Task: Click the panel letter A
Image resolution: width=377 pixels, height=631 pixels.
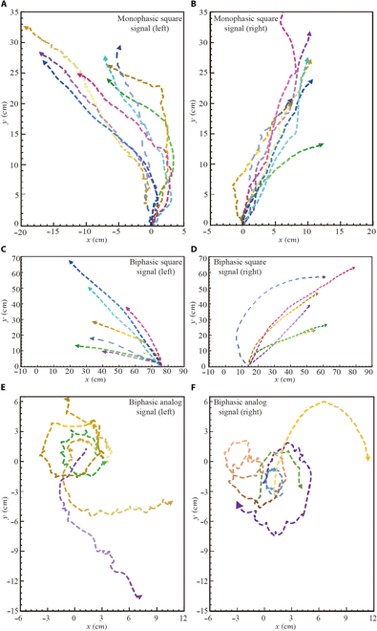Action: click(x=6, y=6)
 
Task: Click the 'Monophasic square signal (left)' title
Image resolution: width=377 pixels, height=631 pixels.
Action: click(x=149, y=24)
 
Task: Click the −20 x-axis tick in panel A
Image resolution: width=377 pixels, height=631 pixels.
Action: click(x=20, y=232)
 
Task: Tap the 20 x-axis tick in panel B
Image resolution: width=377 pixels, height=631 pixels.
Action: click(x=371, y=232)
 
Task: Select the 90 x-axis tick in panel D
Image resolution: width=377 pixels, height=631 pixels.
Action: click(x=370, y=374)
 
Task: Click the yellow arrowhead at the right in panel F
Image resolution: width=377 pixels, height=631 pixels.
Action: click(x=368, y=458)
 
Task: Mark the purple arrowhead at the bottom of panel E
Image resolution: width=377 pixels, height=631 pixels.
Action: click(x=139, y=598)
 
